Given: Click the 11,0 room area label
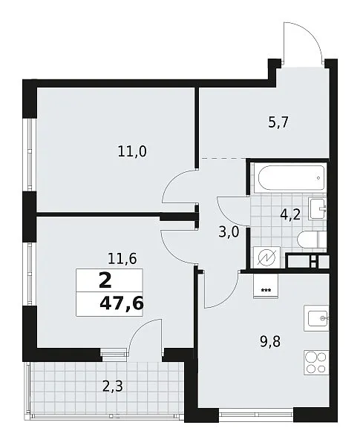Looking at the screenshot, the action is [132, 152].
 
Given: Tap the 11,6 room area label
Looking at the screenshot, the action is [122, 259].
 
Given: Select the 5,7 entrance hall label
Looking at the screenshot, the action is [278, 123].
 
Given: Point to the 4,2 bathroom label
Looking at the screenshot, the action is [290, 215].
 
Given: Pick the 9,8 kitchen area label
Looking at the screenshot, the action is [270, 342].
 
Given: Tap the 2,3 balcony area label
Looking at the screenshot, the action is [113, 386].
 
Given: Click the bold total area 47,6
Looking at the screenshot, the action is [121, 304].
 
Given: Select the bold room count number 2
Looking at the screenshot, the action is [105, 281].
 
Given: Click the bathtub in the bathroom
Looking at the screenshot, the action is [291, 178].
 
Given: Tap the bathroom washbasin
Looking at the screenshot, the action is [318, 208].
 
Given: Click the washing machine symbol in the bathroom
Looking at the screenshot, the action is [266, 257].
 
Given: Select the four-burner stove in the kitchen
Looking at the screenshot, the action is [316, 363].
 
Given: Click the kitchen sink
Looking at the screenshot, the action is [316, 318].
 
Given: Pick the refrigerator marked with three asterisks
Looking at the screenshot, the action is [265, 286].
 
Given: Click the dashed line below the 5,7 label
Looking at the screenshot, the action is [223, 158].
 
